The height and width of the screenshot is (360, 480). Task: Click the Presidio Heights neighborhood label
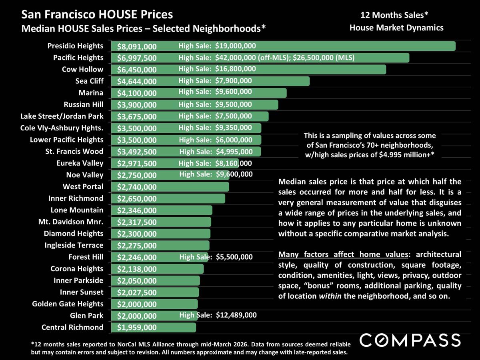tap(76, 46)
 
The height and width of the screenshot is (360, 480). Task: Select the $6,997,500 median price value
tap(137, 58)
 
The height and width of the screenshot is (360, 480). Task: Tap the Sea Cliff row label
tap(89, 81)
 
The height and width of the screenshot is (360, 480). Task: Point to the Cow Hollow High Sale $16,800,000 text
tap(217, 69)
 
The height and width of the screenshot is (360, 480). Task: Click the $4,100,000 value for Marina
tap(137, 93)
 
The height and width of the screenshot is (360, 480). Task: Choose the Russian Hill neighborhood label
tap(83, 105)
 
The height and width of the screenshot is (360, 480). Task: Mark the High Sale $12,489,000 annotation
tap(218, 315)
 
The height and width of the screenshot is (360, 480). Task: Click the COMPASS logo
tap(410, 340)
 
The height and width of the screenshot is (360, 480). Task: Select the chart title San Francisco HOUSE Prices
tap(97, 15)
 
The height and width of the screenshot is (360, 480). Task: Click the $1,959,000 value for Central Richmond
tap(137, 328)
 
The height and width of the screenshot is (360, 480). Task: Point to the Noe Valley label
tap(84, 175)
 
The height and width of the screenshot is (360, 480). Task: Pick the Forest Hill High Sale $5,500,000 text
tap(216, 257)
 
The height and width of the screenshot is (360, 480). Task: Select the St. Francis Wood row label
tap(74, 152)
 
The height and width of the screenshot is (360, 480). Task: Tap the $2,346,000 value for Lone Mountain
tap(137, 210)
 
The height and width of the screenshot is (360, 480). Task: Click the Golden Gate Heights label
tap(68, 304)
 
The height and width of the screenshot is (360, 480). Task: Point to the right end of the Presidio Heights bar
tap(454, 46)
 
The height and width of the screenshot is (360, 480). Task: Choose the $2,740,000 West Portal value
tap(137, 187)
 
